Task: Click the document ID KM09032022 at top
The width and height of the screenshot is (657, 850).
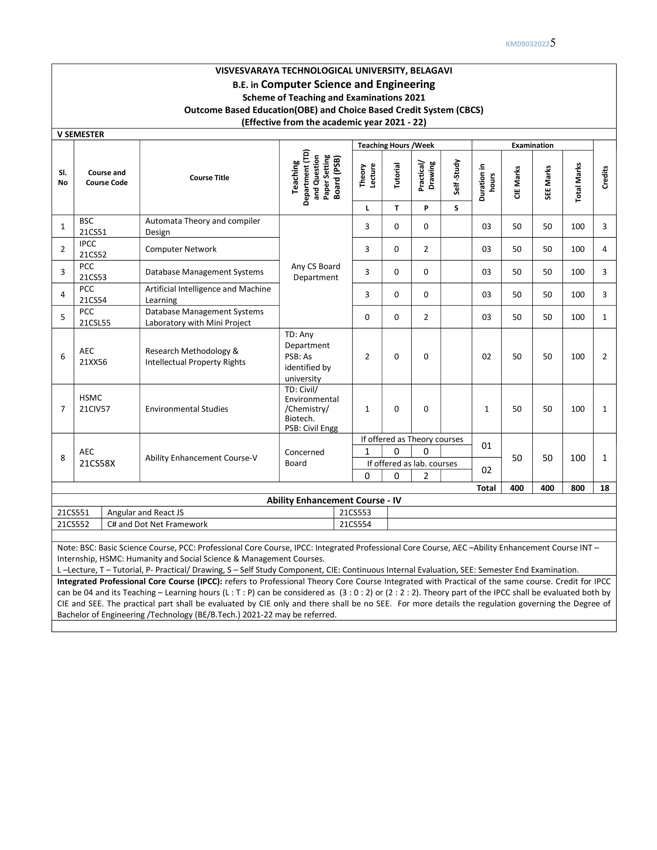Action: coord(527,44)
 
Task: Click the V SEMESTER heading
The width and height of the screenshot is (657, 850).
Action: coord(81,134)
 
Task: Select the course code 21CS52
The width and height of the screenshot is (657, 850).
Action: coord(93,255)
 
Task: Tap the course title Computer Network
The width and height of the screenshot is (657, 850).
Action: coord(181,249)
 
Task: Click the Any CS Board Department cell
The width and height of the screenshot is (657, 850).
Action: coord(316,272)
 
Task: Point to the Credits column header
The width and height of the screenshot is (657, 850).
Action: coord(604,177)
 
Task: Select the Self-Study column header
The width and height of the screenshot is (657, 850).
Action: coord(456,177)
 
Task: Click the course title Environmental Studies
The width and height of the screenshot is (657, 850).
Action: coord(186,409)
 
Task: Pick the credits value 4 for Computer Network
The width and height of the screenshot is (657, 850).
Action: coord(604,249)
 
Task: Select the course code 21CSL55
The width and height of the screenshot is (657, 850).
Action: coord(95,323)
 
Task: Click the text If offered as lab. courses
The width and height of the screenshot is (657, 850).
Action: coord(412,463)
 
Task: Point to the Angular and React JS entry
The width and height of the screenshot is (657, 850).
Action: coord(145,513)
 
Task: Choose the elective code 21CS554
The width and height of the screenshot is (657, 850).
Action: coord(355,524)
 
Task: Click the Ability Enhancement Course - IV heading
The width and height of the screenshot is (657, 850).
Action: coord(334,500)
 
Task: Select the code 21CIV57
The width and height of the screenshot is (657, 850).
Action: coord(95,409)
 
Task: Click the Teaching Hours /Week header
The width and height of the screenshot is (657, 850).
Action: coord(396,146)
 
